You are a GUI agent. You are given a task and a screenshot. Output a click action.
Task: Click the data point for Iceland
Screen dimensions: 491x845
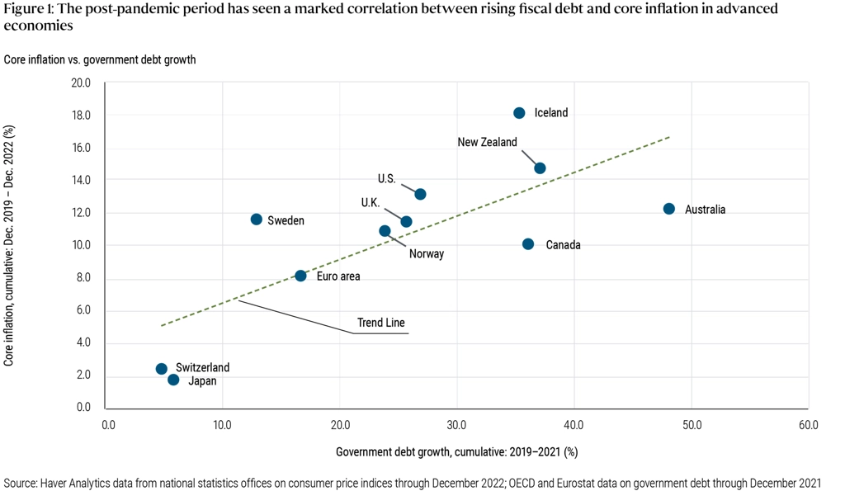tap(519, 113)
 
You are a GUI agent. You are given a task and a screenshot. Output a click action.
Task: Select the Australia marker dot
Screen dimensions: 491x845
tap(669, 209)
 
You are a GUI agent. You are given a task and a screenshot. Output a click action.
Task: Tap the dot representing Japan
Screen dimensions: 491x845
tap(173, 380)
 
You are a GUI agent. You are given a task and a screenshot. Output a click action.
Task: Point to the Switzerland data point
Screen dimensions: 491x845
tap(162, 369)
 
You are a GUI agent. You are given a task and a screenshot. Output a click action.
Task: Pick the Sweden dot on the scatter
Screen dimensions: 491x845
tap(257, 220)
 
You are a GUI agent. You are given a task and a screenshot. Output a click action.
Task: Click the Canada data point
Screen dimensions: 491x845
tap(528, 244)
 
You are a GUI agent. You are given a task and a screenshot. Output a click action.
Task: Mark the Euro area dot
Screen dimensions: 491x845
tap(300, 276)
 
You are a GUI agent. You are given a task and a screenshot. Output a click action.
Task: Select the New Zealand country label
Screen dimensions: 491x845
tap(487, 142)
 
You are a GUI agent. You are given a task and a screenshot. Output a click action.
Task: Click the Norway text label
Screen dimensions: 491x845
tap(427, 253)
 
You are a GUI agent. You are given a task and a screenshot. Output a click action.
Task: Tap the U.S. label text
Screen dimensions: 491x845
tap(387, 178)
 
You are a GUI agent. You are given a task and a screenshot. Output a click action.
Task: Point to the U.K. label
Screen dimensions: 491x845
tap(370, 202)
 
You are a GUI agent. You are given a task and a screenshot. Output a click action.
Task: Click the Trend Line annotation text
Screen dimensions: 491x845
tap(380, 323)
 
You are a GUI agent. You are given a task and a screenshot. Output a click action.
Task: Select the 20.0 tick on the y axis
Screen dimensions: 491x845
tap(81, 83)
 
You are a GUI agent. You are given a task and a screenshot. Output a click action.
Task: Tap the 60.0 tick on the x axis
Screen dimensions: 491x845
tap(808, 424)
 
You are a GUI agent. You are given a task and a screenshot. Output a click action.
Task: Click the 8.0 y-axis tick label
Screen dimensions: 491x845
tap(83, 278)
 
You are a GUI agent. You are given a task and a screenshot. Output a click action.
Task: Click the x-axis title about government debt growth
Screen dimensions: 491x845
tap(456, 452)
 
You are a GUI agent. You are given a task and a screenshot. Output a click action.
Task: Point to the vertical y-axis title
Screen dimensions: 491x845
tap(9, 246)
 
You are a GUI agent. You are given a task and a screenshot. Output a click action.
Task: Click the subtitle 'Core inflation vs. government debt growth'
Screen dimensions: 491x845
tap(100, 59)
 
